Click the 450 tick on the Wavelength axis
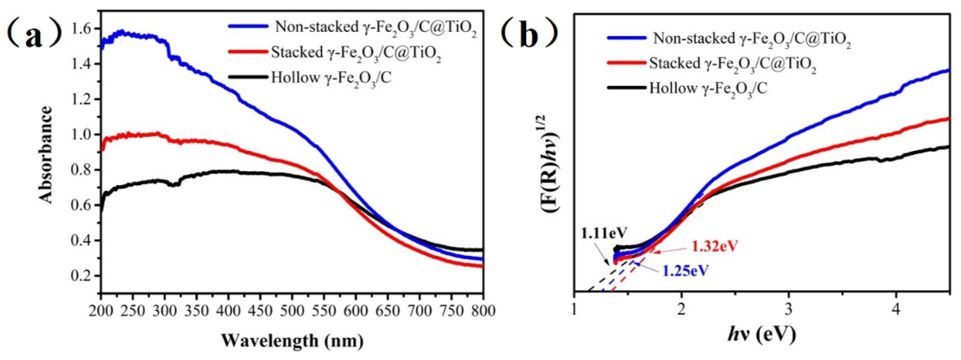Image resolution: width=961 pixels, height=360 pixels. click(260, 311)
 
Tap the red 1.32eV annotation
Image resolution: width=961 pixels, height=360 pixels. click(715, 246)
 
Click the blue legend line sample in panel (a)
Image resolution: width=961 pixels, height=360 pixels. click(248, 26)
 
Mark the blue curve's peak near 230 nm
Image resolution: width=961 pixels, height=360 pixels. click(121, 33)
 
